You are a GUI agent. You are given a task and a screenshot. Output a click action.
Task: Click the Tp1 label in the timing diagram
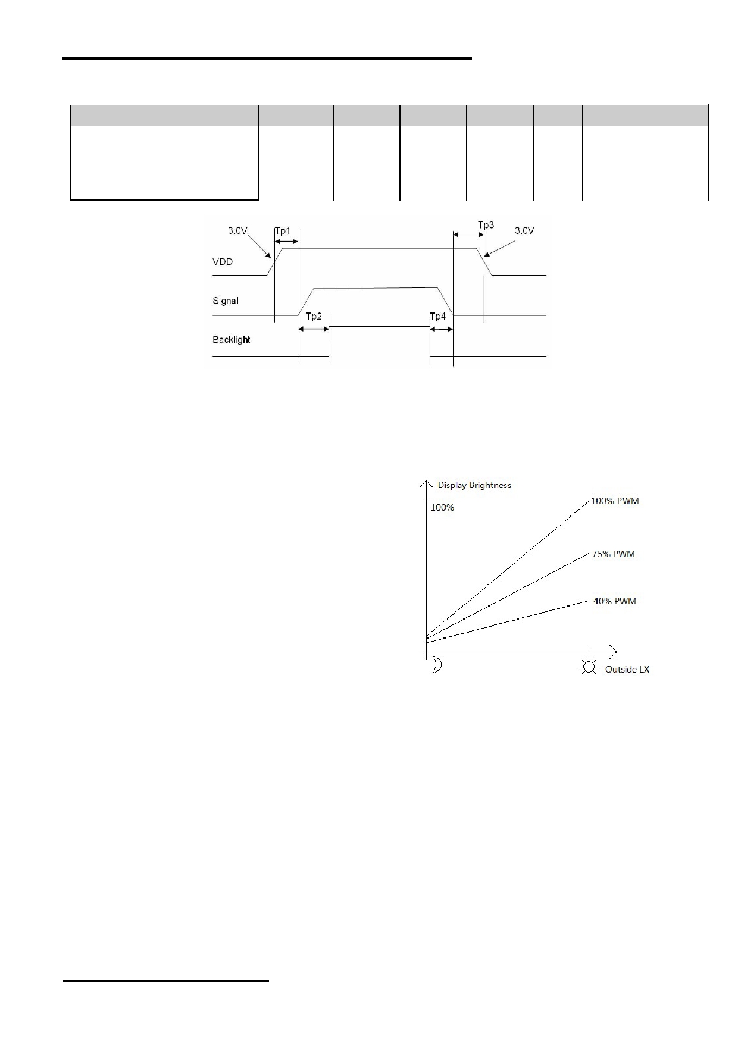click(x=283, y=230)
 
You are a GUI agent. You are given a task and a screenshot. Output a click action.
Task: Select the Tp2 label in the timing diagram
click(x=314, y=316)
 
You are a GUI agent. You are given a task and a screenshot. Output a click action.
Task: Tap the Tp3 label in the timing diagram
click(x=486, y=225)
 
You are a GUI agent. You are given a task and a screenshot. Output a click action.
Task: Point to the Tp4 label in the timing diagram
click(x=437, y=316)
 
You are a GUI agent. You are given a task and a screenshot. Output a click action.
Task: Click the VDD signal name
click(x=223, y=261)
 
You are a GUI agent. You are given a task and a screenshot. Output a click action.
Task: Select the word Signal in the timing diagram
click(x=226, y=301)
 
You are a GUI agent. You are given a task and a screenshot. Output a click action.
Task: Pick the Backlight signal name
click(x=232, y=339)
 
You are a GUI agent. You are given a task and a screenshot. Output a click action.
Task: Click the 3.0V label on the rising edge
click(x=237, y=230)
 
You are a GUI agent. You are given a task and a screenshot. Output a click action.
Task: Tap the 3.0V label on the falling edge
click(x=524, y=230)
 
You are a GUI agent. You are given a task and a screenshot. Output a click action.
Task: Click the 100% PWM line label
click(x=615, y=501)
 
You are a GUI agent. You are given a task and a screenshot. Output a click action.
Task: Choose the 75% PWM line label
click(x=613, y=554)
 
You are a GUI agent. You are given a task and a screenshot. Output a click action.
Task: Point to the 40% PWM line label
click(x=615, y=601)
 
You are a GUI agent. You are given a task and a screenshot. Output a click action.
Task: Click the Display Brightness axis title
click(x=474, y=485)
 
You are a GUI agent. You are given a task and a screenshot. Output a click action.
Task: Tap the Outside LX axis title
click(x=627, y=670)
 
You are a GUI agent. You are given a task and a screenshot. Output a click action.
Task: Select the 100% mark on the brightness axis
click(x=442, y=508)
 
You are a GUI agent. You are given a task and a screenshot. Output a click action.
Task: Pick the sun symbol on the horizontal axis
click(x=589, y=667)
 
